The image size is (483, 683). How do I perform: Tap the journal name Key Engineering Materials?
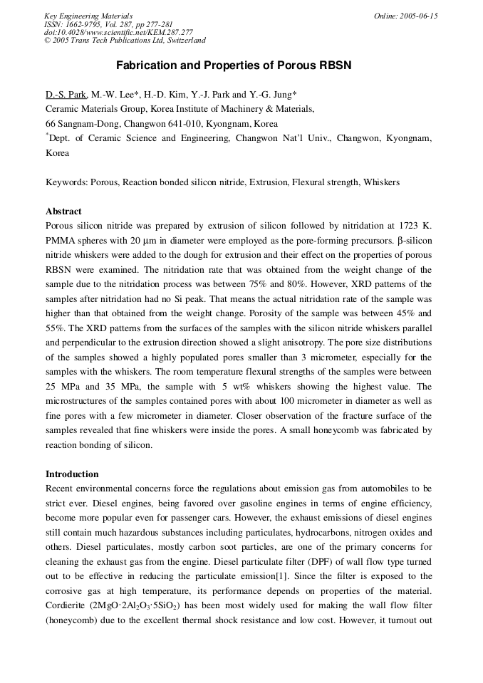pos(88,16)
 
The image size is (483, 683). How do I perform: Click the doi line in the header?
pos(118,32)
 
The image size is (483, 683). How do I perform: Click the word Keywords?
pos(66,182)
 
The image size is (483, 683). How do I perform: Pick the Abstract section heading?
pos(63,212)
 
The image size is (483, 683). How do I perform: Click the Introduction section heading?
pos(72,474)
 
